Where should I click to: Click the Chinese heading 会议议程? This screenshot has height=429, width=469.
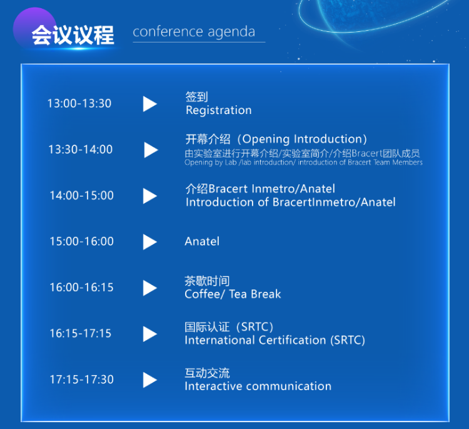(73, 35)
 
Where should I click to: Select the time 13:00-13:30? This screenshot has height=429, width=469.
(79, 103)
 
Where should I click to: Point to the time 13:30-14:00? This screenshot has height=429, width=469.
(81, 149)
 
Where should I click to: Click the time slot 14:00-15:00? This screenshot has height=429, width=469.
(81, 195)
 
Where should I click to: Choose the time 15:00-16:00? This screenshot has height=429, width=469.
(81, 241)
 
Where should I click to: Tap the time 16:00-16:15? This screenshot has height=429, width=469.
(81, 287)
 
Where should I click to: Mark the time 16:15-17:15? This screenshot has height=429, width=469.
(81, 333)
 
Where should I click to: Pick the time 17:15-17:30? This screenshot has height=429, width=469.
(81, 380)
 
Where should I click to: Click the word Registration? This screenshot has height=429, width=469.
(219, 111)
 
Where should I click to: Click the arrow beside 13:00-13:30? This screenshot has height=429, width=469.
(150, 104)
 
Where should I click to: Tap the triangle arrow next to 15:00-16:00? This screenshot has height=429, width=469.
(150, 242)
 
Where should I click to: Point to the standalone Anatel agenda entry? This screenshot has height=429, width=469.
(202, 242)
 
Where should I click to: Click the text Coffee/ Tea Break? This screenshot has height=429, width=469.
(233, 294)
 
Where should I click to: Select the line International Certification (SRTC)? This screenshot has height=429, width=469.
(275, 340)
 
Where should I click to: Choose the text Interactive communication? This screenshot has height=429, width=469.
(258, 386)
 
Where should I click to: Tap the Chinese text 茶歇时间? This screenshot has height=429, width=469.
(207, 281)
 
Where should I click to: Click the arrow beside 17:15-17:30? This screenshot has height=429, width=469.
(150, 380)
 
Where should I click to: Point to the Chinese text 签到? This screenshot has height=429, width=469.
(196, 97)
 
